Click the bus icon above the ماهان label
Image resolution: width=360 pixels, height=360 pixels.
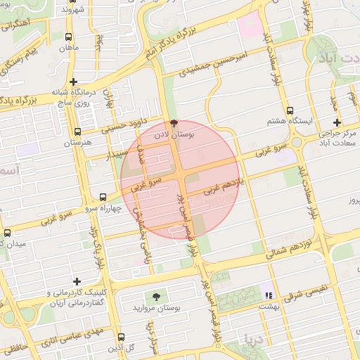coord(68,37)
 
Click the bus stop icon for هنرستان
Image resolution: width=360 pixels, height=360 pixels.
coord(77,131)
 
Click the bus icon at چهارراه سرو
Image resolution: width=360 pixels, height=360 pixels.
coord(103,198)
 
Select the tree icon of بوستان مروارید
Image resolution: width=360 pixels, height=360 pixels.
coord(156,297)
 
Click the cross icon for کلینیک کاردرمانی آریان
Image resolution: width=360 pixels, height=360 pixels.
coord(76,281)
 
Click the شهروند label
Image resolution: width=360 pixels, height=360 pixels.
coord(72,10)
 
